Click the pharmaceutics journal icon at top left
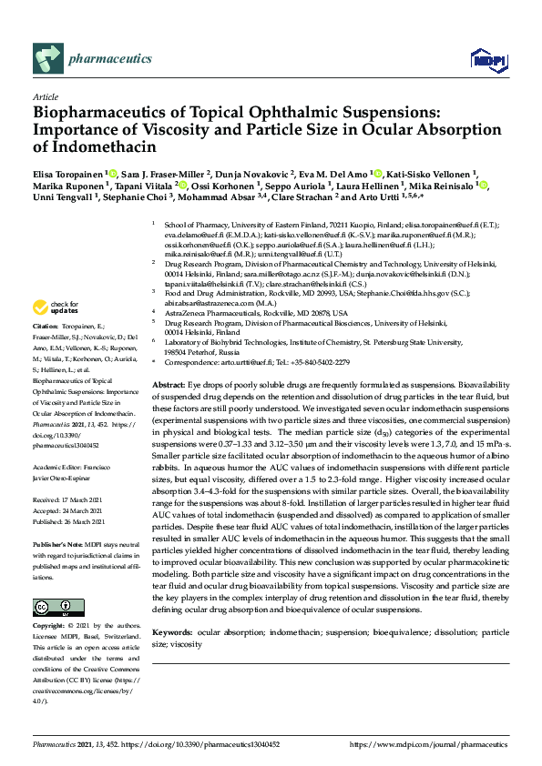pos(47,59)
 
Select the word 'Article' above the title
pos(46,96)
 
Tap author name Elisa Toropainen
pos(67,172)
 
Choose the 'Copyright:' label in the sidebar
pos(49,626)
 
